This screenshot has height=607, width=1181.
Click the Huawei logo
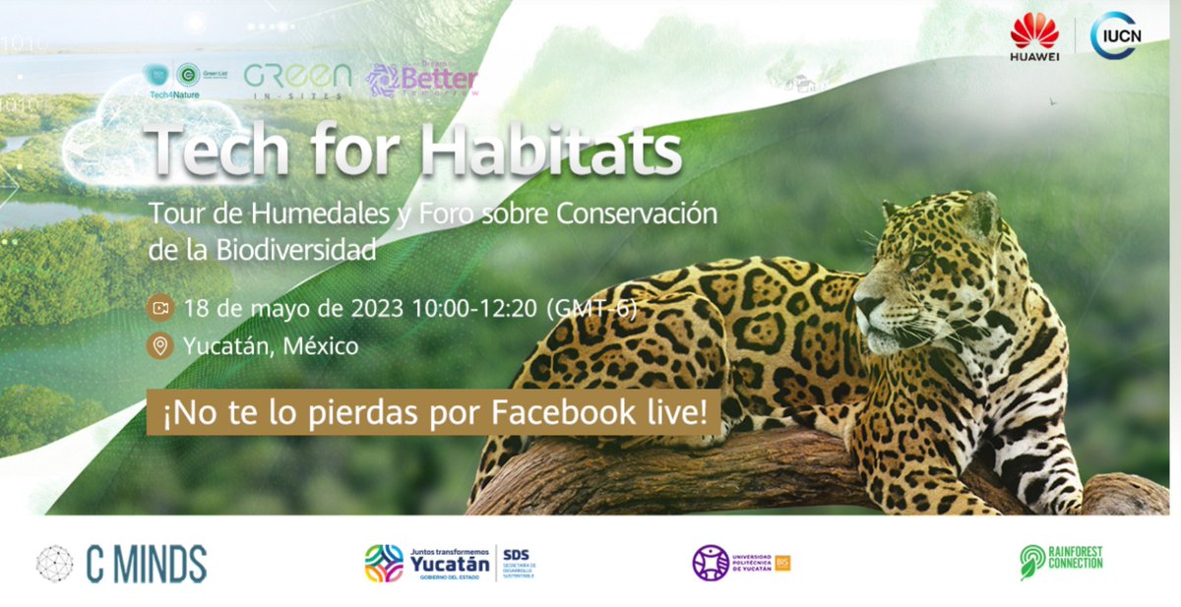(1033, 36)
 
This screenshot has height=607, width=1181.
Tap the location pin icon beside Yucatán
(158, 346)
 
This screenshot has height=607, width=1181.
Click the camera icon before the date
(158, 308)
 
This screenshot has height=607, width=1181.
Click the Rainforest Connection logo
(1061, 562)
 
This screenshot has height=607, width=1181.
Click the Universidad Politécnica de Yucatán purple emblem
(711, 563)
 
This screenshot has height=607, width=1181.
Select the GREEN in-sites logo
(297, 80)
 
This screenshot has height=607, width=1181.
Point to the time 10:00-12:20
(474, 308)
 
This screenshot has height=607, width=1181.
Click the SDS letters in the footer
(515, 555)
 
